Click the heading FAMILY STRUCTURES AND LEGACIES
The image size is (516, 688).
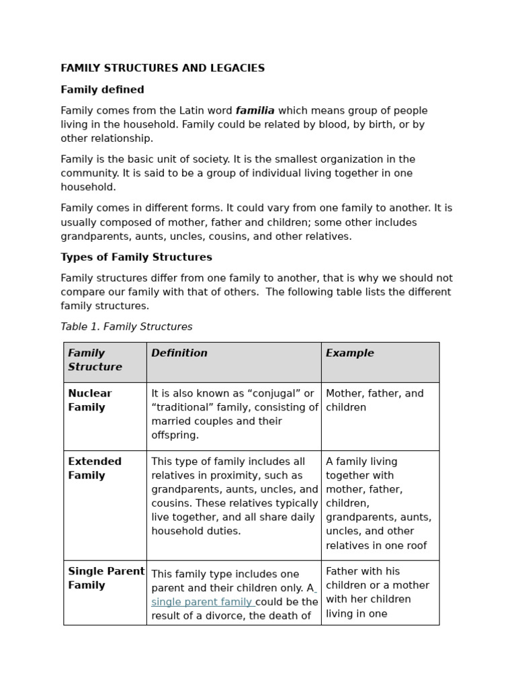[163, 69]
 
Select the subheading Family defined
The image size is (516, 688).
[102, 90]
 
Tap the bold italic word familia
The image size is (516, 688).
[255, 111]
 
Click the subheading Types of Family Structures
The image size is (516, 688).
[136, 257]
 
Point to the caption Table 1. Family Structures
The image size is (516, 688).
[126, 327]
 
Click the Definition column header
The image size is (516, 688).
[179, 353]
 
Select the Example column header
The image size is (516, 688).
[349, 353]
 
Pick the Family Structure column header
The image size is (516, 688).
[95, 360]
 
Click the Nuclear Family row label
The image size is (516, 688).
[90, 400]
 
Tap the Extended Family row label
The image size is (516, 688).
[95, 468]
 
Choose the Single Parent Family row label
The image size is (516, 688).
[105, 578]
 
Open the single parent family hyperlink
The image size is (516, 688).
[202, 602]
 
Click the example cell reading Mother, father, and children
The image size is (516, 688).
[374, 400]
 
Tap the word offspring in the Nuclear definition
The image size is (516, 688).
[175, 435]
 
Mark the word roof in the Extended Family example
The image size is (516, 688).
[415, 546]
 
